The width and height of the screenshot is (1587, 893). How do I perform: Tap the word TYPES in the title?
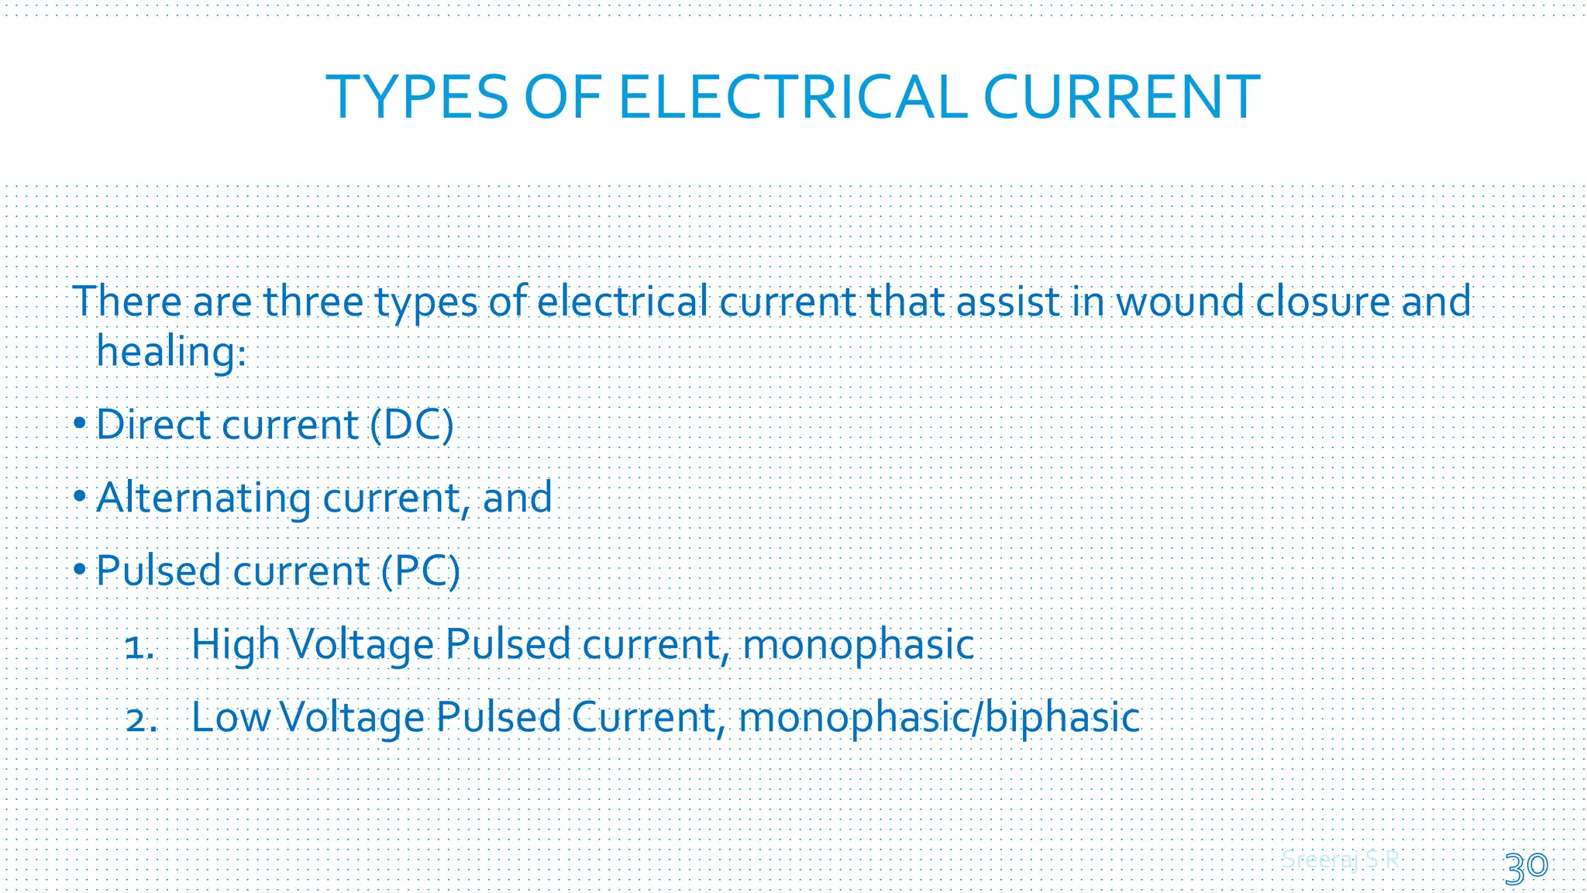coord(417,98)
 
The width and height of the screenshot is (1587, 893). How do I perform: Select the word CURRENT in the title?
coord(1121,98)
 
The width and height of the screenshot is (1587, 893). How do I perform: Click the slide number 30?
coord(1526,867)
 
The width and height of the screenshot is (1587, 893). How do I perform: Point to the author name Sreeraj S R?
coord(1341,860)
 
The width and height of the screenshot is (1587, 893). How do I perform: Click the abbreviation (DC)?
coord(411,425)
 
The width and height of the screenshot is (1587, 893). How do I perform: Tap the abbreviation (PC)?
coord(421,571)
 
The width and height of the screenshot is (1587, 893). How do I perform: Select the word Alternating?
coord(203,498)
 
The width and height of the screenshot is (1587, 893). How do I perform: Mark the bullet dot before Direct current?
coord(80,424)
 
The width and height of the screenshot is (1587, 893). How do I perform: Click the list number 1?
coord(139,646)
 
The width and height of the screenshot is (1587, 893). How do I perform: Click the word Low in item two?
coord(230,718)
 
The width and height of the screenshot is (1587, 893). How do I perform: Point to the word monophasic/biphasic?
coord(939,718)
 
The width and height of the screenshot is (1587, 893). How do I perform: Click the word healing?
coord(171,352)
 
